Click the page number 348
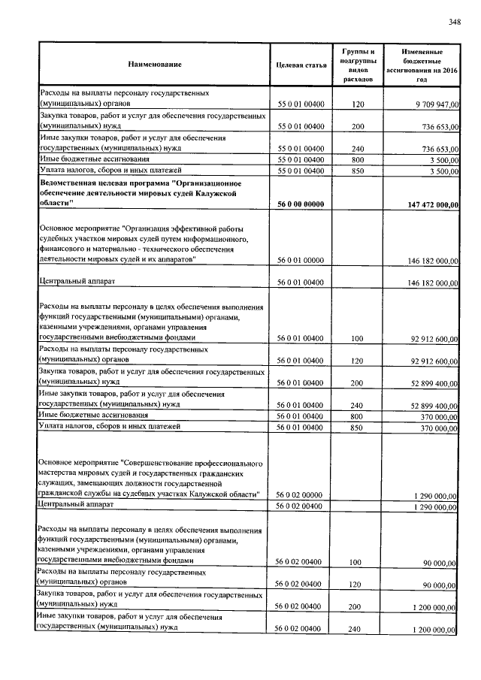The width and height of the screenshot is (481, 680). [455, 22]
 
